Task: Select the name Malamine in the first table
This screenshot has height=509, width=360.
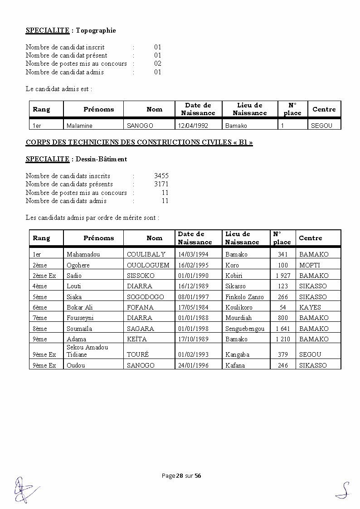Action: pos(79,126)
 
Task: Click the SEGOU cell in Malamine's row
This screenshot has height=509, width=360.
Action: pos(321,126)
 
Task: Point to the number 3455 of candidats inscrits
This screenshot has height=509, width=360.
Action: pos(161,176)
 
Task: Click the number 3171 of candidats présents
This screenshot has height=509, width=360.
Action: pos(161,184)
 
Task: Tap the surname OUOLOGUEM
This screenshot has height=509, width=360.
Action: pos(148,265)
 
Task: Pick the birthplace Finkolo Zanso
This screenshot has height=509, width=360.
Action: pos(244,297)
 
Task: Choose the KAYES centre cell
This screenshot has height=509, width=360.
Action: pos(310,307)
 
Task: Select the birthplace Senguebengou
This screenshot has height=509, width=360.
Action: pos(245,329)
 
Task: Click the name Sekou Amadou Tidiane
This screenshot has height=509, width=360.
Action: pos(88,351)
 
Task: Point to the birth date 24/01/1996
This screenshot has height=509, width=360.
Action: pos(194,365)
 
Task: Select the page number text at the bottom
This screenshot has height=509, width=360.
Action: pos(181,475)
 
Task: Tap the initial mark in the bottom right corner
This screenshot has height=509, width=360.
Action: pos(343,490)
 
